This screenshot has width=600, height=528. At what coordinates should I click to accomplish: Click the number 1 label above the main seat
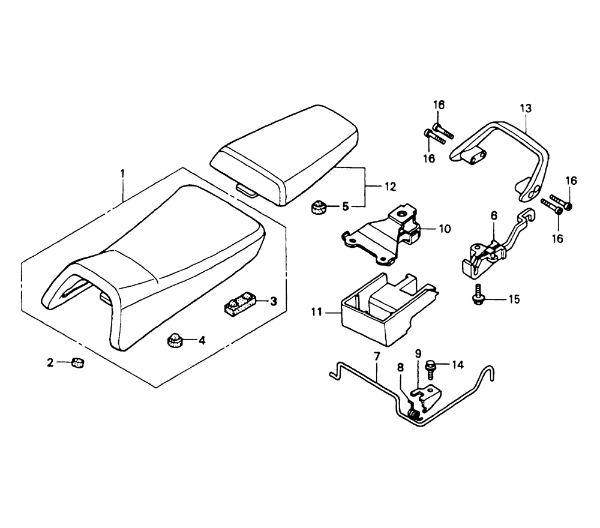(x=122, y=174)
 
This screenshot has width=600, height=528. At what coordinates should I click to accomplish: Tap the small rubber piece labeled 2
(x=79, y=362)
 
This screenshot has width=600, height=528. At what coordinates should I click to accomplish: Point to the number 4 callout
(x=202, y=340)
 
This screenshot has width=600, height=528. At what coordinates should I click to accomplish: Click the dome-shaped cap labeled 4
(x=176, y=340)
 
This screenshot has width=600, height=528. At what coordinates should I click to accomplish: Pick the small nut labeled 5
(x=318, y=207)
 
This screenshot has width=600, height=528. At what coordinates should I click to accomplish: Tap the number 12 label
(x=391, y=187)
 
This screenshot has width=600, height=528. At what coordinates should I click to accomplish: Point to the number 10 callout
(x=445, y=229)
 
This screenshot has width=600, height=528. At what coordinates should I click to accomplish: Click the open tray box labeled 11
(x=388, y=309)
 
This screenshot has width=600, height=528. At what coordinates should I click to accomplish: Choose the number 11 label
(x=316, y=312)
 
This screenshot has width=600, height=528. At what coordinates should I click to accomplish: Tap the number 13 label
(x=526, y=108)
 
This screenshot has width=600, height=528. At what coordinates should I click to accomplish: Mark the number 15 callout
(x=514, y=299)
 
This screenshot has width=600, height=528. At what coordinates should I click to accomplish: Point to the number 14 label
(x=457, y=365)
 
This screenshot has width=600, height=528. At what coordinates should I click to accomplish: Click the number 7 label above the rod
(x=377, y=357)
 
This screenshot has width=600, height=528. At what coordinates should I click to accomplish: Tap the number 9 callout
(x=418, y=353)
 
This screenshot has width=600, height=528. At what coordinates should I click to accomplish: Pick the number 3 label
(x=273, y=301)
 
